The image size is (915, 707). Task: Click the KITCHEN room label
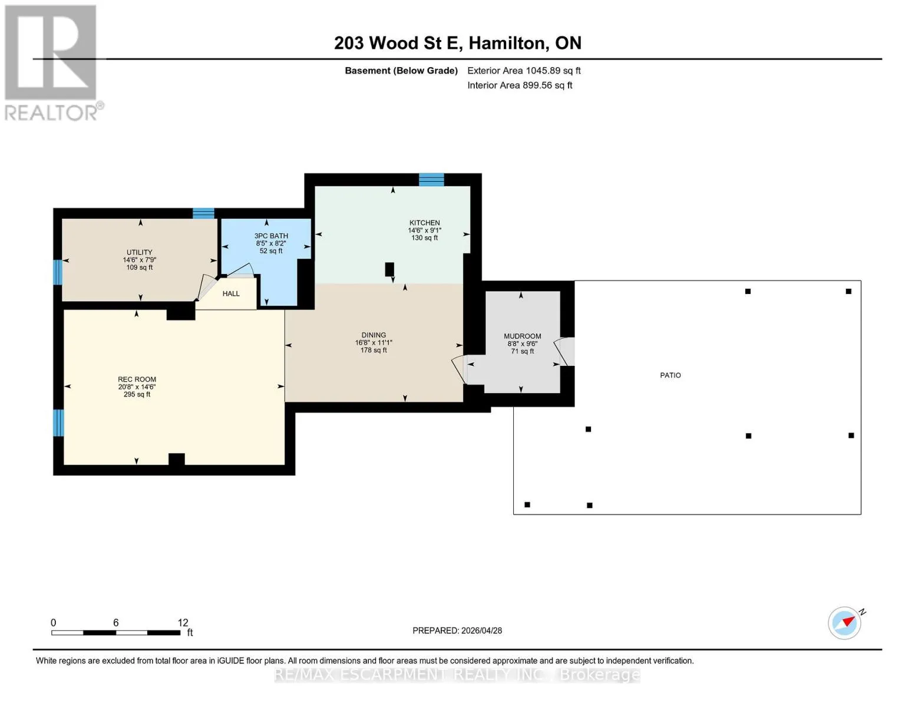click(424, 223)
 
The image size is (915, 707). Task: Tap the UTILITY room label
click(140, 252)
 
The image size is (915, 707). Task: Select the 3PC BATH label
click(271, 236)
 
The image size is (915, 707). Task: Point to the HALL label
click(231, 293)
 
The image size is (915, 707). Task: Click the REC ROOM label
click(137, 379)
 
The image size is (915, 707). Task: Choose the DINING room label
click(374, 335)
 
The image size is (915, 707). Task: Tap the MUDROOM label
click(523, 336)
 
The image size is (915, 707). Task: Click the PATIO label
click(670, 375)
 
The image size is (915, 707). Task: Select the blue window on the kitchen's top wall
click(432, 180)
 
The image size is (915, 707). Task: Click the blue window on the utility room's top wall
click(203, 213)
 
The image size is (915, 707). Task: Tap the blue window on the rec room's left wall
click(58, 423)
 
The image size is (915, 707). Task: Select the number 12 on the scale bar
click(183, 623)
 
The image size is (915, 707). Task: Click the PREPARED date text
click(457, 630)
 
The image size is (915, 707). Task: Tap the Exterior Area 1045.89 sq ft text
click(524, 71)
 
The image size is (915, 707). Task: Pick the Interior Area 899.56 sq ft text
click(520, 85)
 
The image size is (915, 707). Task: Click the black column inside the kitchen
click(389, 269)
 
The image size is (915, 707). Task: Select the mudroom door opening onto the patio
click(564, 352)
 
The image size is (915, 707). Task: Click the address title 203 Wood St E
click(397, 43)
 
